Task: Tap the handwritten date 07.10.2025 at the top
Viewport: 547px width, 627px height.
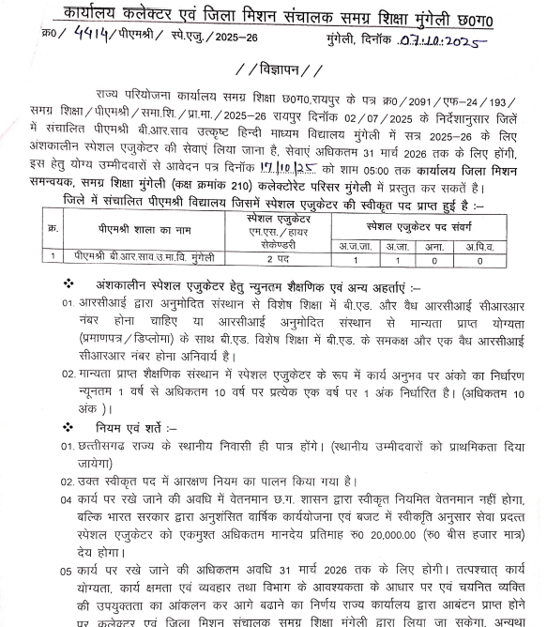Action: [445, 40]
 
